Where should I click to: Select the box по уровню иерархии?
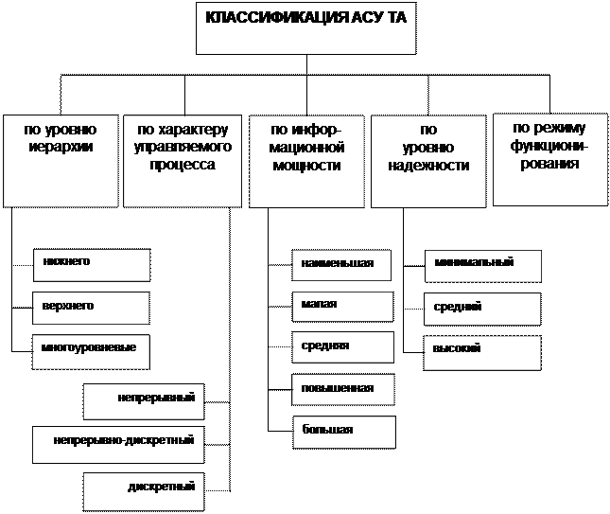[61, 160]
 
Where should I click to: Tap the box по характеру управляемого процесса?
[183, 160]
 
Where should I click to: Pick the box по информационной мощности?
[305, 160]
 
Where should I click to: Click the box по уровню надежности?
[428, 160]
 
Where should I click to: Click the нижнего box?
[91, 265]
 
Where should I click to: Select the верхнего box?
[91, 308]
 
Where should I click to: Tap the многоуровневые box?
[91, 349]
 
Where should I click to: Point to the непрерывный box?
[143, 400]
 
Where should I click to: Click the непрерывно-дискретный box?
[117, 443]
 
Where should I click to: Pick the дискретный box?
[143, 489]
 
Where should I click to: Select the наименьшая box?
[340, 266]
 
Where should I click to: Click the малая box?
[342, 307]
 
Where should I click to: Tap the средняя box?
[342, 347]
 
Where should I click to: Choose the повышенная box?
[342, 389]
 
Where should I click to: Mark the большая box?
[343, 431]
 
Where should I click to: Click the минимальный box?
[483, 266]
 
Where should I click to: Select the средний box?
[482, 309]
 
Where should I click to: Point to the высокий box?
[482, 350]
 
